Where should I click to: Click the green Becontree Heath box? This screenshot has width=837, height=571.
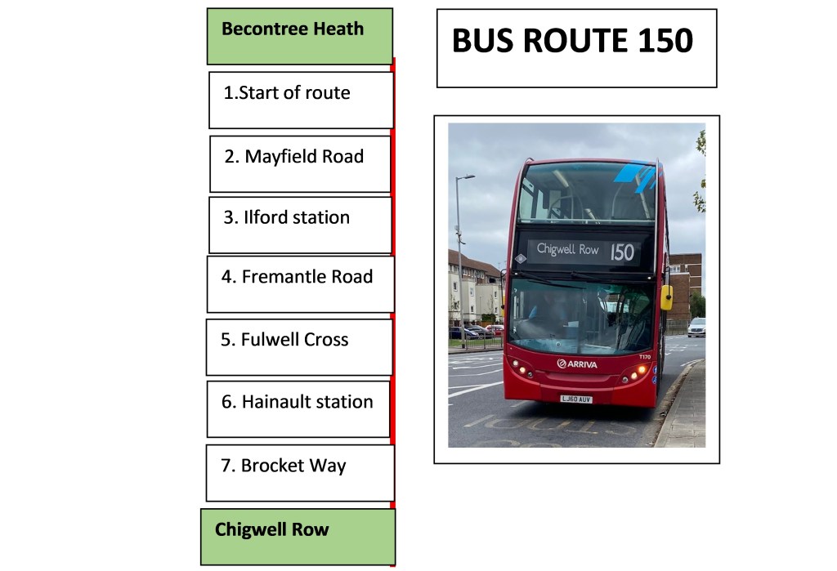click(x=299, y=36)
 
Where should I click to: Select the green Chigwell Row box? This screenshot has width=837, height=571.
click(x=298, y=536)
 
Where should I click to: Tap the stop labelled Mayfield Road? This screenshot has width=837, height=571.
click(x=300, y=163)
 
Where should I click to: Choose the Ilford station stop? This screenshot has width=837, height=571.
click(x=300, y=225)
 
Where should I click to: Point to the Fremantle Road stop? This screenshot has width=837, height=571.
click(x=300, y=283)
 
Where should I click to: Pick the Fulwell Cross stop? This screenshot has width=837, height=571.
click(x=299, y=346)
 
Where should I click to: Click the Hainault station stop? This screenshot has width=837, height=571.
click(x=298, y=408)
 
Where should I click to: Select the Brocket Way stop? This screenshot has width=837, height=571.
click(x=300, y=472)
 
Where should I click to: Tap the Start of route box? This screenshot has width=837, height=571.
click(x=301, y=100)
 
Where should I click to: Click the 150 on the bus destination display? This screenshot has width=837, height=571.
click(x=622, y=252)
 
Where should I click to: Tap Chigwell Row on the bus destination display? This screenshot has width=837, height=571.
click(x=568, y=250)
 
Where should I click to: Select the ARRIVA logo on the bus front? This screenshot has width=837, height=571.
click(x=577, y=364)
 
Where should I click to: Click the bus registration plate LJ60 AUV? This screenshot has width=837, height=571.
click(x=576, y=399)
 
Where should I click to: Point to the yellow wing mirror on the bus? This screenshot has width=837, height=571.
click(x=667, y=297)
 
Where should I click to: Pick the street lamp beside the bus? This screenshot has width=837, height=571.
click(x=460, y=245)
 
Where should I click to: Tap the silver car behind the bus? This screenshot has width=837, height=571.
click(x=696, y=327)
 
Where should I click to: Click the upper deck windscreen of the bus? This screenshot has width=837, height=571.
click(x=585, y=193)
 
